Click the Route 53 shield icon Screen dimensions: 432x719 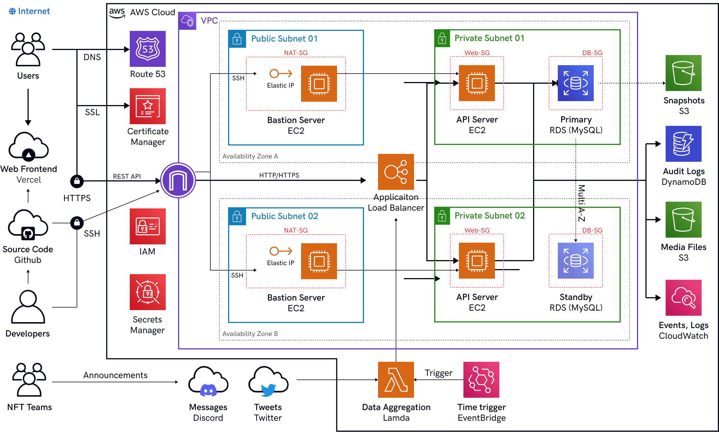click(147, 49)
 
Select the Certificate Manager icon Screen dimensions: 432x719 click(147, 106)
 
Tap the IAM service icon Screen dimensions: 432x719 click(147, 226)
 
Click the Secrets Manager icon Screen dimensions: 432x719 click(147, 292)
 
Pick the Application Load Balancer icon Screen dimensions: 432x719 click(396, 172)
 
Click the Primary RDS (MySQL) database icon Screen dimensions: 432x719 click(575, 83)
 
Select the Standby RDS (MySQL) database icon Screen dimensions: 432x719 click(575, 261)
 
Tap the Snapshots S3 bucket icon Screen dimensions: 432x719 click(684, 73)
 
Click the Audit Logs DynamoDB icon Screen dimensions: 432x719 click(684, 144)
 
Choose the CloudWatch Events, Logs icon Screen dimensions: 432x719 click(684, 297)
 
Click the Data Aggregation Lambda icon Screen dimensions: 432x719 click(396, 379)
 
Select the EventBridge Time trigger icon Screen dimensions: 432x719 click(481, 379)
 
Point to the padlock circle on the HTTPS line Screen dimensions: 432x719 click(77, 181)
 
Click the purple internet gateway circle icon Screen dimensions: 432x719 click(178, 180)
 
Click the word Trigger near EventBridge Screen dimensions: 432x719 click(438, 373)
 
